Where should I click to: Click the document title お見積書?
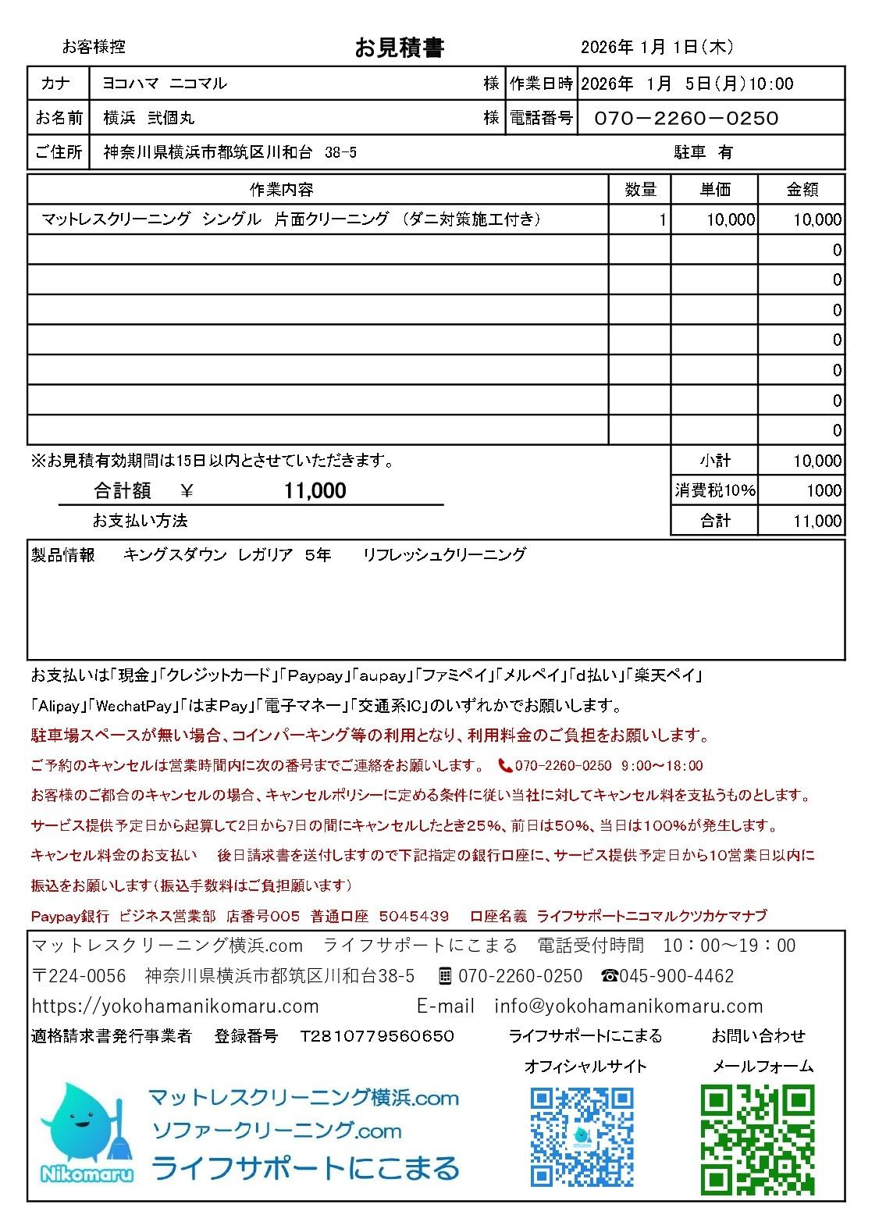pos(399,48)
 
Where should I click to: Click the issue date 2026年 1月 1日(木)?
pos(656,48)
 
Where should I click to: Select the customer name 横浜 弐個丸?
pos(149,118)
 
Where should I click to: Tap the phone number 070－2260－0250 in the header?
pos(686,118)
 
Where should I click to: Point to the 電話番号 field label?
pos(541,118)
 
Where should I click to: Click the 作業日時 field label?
pos(541,84)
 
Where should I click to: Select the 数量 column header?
pos(640,189)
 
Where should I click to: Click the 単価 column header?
pos(714,189)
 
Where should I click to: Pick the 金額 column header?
pos(802,189)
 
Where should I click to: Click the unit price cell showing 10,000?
pos(731,220)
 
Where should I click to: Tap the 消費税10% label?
pos(715,490)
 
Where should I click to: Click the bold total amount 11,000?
pos(315,490)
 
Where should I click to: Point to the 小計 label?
pos(715,461)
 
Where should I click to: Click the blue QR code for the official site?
pos(582,1137)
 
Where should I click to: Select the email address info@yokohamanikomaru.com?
pos(628,1006)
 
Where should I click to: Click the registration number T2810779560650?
pos(377,1036)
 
